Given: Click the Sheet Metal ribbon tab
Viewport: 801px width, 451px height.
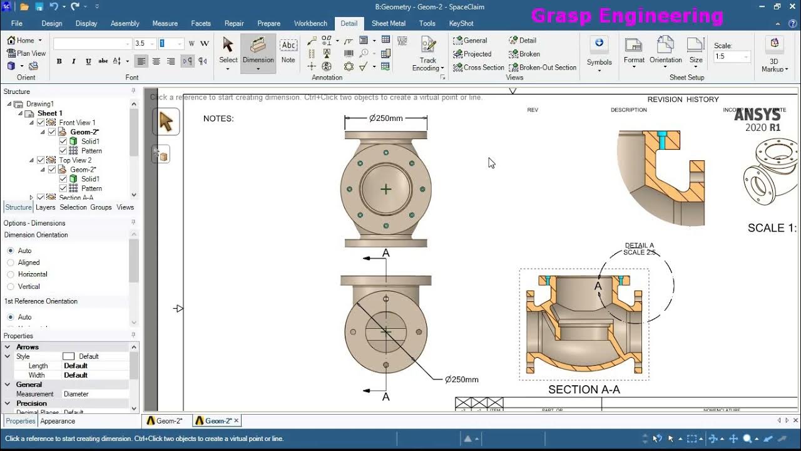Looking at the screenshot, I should (388, 23).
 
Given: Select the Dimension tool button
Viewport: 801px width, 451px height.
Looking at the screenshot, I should (258, 53).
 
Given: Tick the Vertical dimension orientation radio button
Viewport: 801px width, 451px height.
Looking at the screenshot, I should (11, 286).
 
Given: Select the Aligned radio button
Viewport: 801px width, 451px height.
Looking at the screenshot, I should (11, 262).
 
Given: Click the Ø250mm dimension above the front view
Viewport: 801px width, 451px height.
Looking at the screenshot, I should (386, 118).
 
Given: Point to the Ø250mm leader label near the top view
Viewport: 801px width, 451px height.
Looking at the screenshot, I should (462, 380).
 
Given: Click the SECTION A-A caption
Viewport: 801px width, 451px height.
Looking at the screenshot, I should (584, 390).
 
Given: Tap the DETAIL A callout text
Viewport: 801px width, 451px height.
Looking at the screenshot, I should (639, 246).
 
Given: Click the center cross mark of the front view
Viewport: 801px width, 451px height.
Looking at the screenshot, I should (385, 189).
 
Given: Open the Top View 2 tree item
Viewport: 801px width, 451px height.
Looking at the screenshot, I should (75, 160).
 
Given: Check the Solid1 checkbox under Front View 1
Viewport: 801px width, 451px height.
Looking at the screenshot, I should (63, 142).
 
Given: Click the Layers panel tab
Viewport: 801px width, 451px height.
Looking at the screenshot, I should (45, 207).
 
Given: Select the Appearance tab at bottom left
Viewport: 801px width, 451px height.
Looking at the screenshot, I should (58, 421).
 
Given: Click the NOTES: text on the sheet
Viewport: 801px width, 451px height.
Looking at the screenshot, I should (218, 118).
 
